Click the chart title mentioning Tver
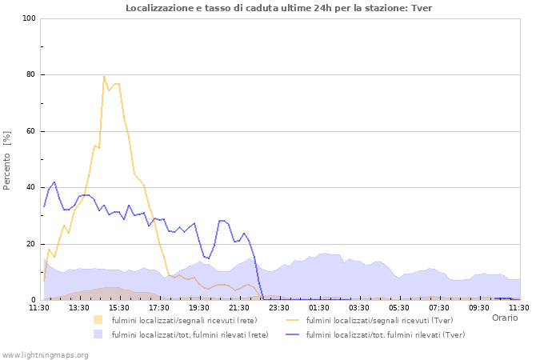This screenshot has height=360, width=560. [x=278, y=8]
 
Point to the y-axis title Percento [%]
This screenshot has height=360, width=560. [x=7, y=160]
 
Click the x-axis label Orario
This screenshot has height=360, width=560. [x=505, y=318]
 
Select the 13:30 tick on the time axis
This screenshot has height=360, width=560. [x=79, y=307]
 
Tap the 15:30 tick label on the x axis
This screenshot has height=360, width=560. [x=119, y=307]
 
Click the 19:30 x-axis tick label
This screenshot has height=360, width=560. [x=199, y=307]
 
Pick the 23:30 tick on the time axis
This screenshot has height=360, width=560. [x=279, y=307]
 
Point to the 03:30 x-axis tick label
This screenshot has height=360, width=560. [x=359, y=307]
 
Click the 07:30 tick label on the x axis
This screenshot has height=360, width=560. [x=439, y=307]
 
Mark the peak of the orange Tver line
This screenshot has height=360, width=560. [x=104, y=76]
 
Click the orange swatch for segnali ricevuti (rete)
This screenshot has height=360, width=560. [x=98, y=320]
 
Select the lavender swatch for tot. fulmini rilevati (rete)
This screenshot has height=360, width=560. [x=98, y=334]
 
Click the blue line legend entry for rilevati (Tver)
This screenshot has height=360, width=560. [x=374, y=334]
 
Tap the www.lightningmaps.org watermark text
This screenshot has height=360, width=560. [x=45, y=354]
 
